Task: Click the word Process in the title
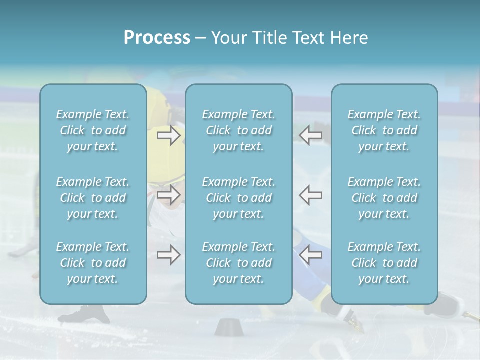tap(157, 38)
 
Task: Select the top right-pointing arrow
tap(169, 135)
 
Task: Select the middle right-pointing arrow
tap(169, 195)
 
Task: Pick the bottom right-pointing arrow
tap(169, 255)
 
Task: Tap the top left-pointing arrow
tap(311, 135)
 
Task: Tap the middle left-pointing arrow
tap(311, 195)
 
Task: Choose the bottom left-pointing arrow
tap(311, 255)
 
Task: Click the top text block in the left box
tap(93, 130)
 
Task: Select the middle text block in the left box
tap(93, 198)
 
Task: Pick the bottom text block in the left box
tap(93, 263)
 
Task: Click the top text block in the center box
tap(239, 130)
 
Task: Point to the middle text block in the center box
tap(239, 198)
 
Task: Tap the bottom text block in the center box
tap(239, 263)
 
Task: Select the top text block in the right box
tap(384, 130)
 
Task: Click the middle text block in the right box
tap(384, 198)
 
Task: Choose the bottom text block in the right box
tap(384, 263)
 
